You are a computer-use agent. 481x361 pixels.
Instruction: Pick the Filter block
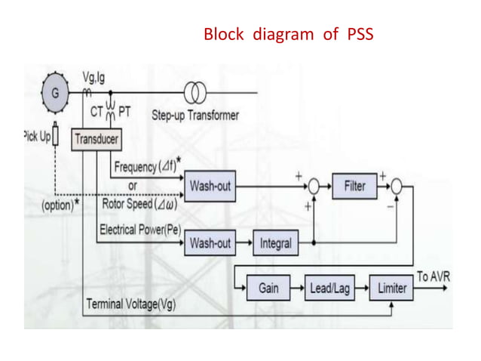tap(354, 186)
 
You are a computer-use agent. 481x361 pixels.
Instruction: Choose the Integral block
tap(275, 243)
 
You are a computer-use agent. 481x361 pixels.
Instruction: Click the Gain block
tap(268, 288)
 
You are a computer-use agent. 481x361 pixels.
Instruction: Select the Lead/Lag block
tap(330, 288)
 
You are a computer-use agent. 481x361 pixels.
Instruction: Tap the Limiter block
tap(391, 288)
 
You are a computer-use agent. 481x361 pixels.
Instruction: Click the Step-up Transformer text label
tap(195, 116)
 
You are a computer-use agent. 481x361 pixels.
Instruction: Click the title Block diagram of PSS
tap(289, 35)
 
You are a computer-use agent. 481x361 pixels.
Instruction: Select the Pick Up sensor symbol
tap(54, 138)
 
